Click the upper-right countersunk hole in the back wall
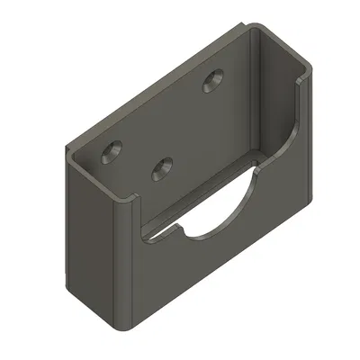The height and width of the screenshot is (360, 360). click(214, 81)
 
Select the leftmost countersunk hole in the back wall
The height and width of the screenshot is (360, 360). click(112, 150)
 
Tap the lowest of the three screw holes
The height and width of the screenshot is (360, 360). click(163, 166)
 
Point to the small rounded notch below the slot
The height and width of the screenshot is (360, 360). click(180, 232)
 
